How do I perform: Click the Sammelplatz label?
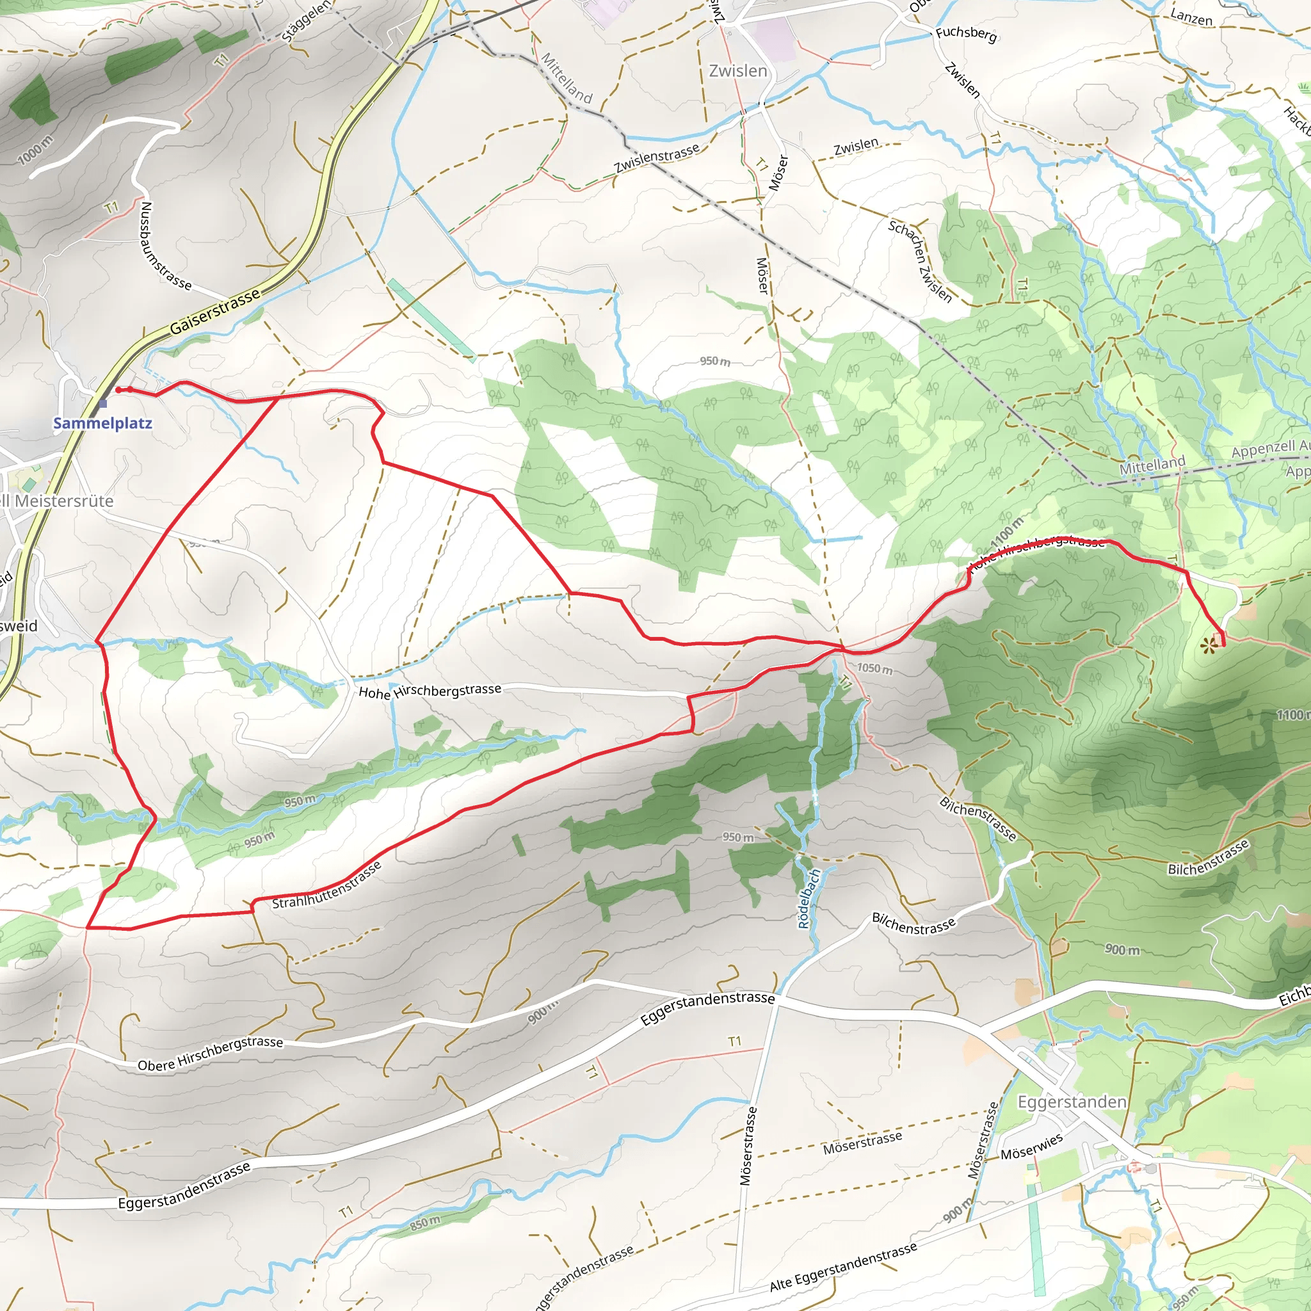point(102,423)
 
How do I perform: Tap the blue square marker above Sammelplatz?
point(102,404)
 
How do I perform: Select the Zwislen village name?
point(737,71)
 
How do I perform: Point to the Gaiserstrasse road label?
point(214,312)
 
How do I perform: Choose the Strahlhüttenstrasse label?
point(327,885)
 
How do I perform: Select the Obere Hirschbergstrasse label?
point(211,1054)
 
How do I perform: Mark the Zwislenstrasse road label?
point(656,158)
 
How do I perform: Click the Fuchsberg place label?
point(966,34)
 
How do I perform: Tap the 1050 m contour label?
point(874,668)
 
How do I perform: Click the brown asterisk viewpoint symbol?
point(1207,647)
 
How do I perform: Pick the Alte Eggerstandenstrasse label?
point(844,1266)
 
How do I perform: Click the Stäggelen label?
point(307,20)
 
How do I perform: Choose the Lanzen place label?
point(1191,18)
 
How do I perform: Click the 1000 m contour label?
point(35,150)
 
